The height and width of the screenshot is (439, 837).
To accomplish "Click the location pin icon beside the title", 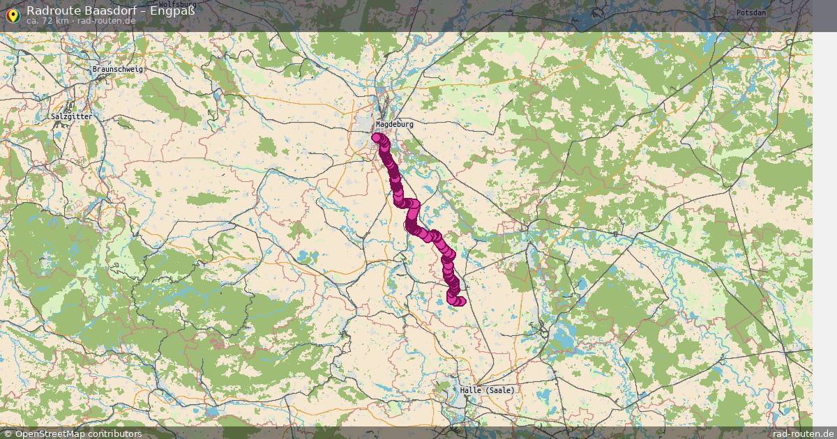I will pyautogui.click(x=12, y=13).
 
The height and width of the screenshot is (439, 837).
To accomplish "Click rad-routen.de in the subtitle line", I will pyautogui.click(x=107, y=21).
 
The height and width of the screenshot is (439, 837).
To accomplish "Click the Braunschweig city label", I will pyautogui.click(x=118, y=70).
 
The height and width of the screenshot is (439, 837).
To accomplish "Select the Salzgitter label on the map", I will pyautogui.click(x=71, y=116).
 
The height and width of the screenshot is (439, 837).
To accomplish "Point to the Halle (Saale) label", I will pyautogui.click(x=487, y=390).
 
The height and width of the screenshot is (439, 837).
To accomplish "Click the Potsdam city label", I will pyautogui.click(x=751, y=13).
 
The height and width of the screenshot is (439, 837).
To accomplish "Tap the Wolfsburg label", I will pyautogui.click(x=177, y=3).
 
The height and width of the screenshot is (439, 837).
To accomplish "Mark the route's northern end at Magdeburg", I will pyautogui.click(x=377, y=137).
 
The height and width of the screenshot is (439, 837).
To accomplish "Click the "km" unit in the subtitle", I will pyautogui.click(x=63, y=21).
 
